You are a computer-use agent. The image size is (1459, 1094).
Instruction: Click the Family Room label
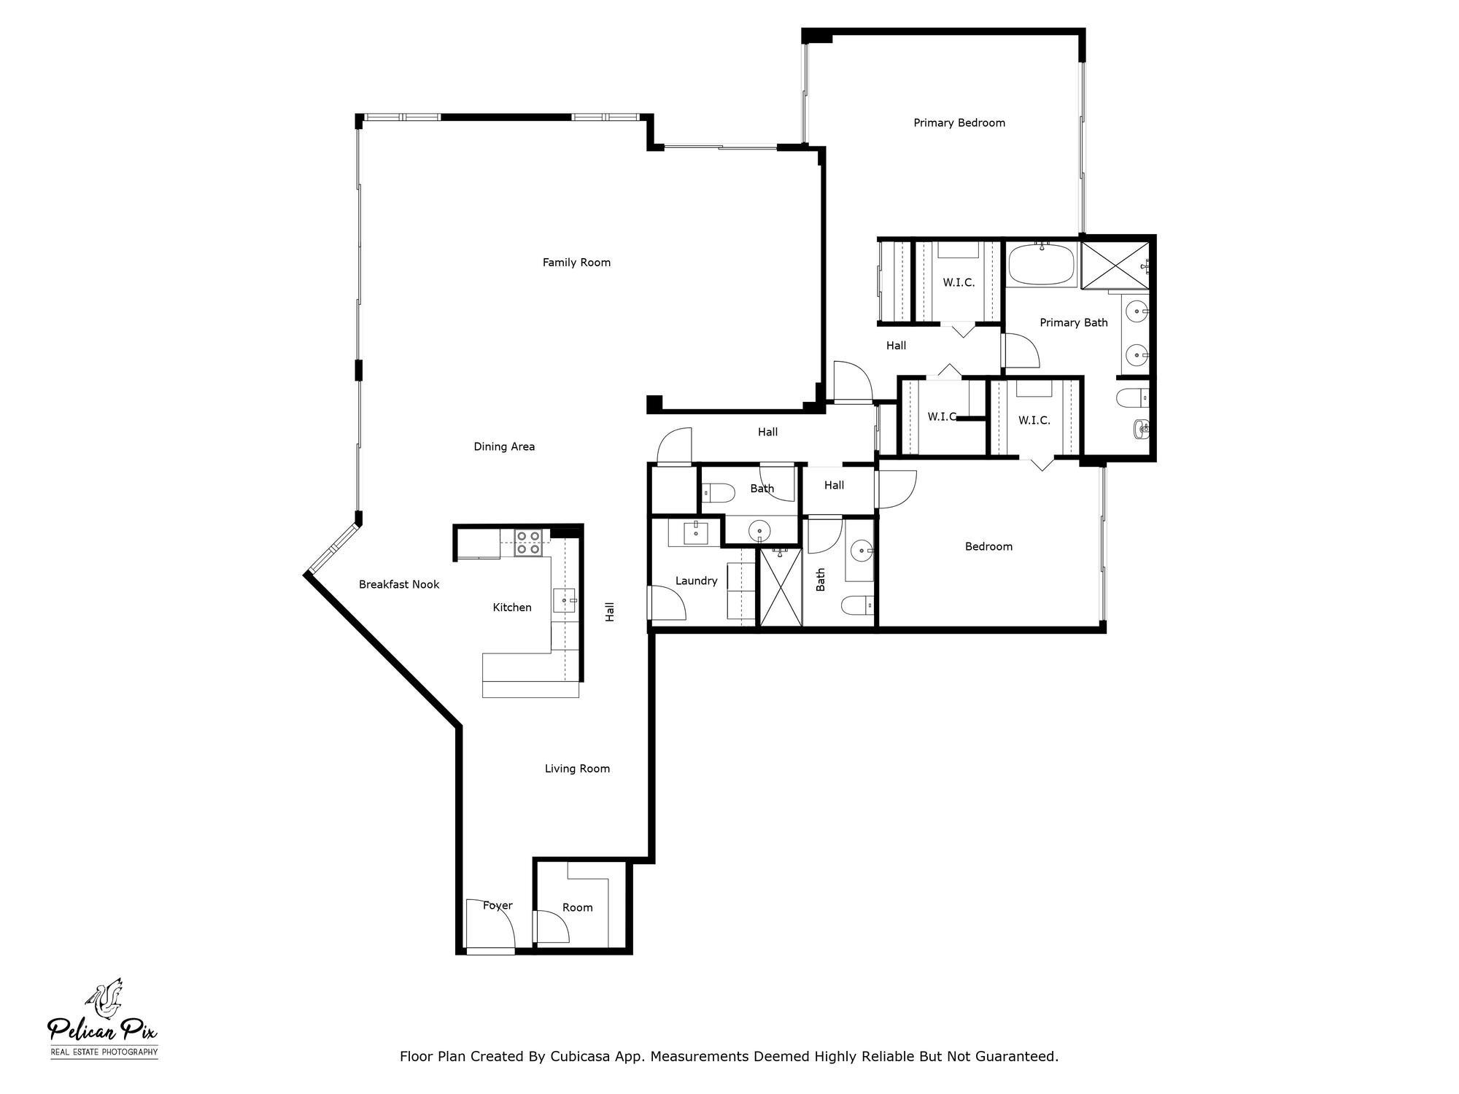click(576, 263)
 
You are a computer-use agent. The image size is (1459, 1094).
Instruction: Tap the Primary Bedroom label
click(959, 123)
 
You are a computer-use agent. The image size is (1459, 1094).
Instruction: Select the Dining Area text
click(504, 446)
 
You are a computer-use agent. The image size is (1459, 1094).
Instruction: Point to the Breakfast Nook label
click(399, 584)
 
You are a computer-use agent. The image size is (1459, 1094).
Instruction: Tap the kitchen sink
click(564, 600)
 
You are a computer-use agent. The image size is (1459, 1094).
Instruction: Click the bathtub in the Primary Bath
click(1042, 265)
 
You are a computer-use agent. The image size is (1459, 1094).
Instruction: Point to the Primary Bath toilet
click(1131, 398)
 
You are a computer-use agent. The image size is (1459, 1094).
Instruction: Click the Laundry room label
click(696, 581)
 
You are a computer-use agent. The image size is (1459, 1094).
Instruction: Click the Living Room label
click(577, 768)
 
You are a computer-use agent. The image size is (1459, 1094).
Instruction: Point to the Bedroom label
click(988, 546)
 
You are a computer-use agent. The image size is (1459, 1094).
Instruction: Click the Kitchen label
click(512, 607)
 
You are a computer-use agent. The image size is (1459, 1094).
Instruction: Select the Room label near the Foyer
click(577, 907)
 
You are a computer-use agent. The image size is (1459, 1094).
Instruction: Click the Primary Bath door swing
click(1021, 352)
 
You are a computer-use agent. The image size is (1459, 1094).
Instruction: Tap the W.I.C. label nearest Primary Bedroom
click(959, 282)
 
